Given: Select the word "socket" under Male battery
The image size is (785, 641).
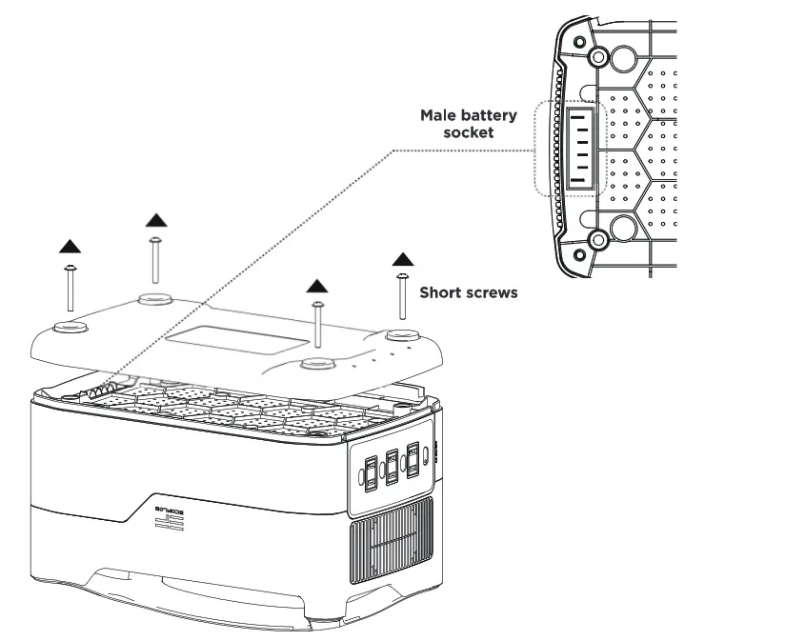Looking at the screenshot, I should [x=469, y=133].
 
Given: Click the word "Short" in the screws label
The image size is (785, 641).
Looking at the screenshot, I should [x=441, y=292].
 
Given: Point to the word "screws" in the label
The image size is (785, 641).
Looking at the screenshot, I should [x=491, y=292].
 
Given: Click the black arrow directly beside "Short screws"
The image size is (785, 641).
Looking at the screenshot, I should [x=403, y=258].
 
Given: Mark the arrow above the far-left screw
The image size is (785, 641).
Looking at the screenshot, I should [x=70, y=247].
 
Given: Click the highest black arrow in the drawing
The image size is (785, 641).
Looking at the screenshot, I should [x=155, y=221].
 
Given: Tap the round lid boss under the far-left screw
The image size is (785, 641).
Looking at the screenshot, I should [x=70, y=328].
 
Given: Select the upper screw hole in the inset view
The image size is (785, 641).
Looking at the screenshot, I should [x=597, y=56].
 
